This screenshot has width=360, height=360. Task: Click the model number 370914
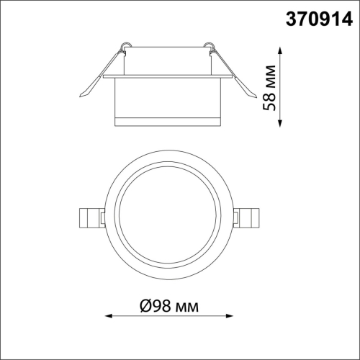pyautogui.click(x=319, y=19)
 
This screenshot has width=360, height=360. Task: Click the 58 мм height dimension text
pyautogui.click(x=269, y=88)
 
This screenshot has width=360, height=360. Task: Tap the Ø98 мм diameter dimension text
pyautogui.click(x=169, y=306)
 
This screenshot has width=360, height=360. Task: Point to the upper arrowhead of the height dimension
pyautogui.click(x=280, y=51)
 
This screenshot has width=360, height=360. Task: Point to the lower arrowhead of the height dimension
pyautogui.click(x=280, y=123)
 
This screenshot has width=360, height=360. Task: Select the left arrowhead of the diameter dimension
pyautogui.click(x=109, y=316)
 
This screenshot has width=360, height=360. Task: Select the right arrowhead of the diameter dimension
pyautogui.click(x=229, y=316)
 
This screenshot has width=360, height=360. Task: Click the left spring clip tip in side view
pyautogui.click(x=80, y=96)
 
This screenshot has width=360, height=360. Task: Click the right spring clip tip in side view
pyautogui.click(x=256, y=96)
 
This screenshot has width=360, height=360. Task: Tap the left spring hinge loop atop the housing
pyautogui.click(x=126, y=45)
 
